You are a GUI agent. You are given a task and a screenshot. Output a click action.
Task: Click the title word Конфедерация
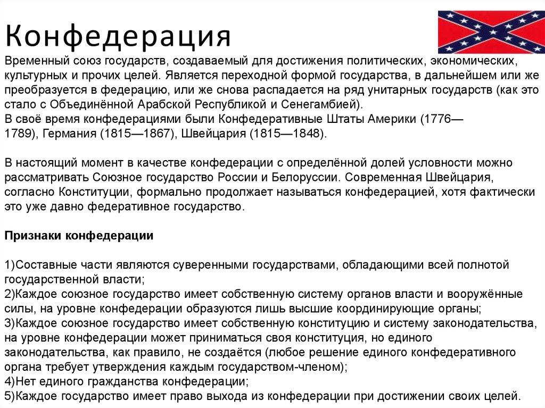pyautogui.click(x=118, y=36)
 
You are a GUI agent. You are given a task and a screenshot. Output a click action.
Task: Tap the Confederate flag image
pyautogui.click(x=491, y=32)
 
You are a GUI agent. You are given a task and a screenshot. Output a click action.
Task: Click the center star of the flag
pyautogui.click(x=491, y=32)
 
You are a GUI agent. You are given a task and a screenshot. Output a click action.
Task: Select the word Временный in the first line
pyautogui.click(x=37, y=61)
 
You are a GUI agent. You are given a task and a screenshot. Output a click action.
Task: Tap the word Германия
pyautogui.click(x=69, y=134)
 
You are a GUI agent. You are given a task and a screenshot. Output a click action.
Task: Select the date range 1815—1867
pyautogui.click(x=137, y=134)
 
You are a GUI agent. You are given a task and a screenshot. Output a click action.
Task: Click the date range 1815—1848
pyautogui.click(x=286, y=134)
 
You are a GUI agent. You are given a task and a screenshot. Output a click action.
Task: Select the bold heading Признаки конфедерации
pyautogui.click(x=79, y=236)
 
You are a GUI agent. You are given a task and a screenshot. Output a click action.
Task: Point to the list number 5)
pyautogui.click(x=10, y=396)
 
